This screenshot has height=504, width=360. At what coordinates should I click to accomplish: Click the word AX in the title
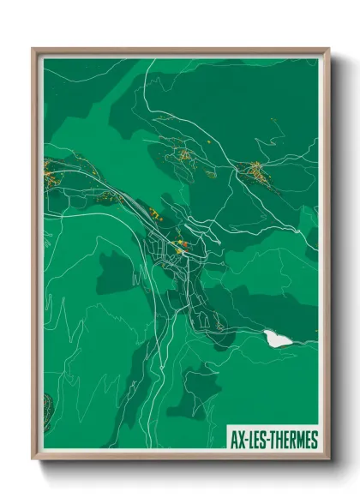pyautogui.click(x=237, y=441)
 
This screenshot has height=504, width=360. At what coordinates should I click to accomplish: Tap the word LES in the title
pyautogui.click(x=256, y=441)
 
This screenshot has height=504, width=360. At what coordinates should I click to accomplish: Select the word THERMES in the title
pyautogui.click(x=294, y=441)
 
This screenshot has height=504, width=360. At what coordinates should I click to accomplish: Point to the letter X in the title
pyautogui.click(x=241, y=441)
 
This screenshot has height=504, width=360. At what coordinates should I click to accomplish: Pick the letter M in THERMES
pyautogui.click(x=301, y=441)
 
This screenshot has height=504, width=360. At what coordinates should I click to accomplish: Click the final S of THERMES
pyautogui.click(x=315, y=441)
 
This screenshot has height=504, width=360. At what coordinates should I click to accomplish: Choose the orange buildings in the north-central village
pyautogui.click(x=184, y=155)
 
